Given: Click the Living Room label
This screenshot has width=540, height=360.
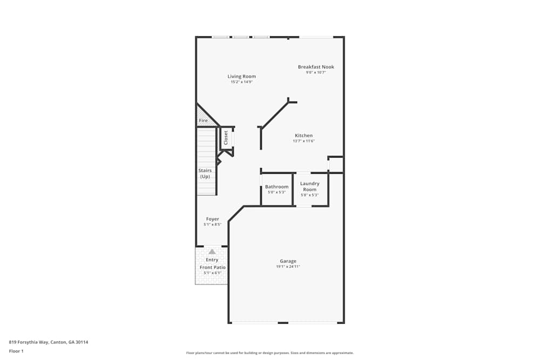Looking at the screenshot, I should click(x=241, y=77).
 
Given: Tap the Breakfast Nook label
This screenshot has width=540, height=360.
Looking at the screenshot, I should click(x=316, y=67).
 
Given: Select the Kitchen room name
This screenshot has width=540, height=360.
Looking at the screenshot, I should click(x=303, y=135).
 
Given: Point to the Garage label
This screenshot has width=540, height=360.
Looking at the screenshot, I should click(x=288, y=261).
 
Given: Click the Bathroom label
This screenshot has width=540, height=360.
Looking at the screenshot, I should click(x=276, y=187).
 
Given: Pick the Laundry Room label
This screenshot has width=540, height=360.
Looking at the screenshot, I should click(x=310, y=186).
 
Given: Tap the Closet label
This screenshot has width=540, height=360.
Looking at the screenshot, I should click(x=226, y=138).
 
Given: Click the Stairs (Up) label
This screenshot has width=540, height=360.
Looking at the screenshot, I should click(x=205, y=173).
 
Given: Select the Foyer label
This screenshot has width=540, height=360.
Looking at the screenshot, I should click(x=212, y=219).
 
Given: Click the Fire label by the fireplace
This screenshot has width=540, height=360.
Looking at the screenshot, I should click(x=203, y=121).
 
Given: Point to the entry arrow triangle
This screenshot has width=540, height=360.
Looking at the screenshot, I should click(x=212, y=252).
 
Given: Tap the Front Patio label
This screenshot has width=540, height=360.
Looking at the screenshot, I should click(x=213, y=267).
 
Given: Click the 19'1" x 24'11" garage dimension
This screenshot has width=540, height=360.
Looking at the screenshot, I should click(x=288, y=267).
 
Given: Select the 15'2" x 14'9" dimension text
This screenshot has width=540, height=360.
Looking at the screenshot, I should click(x=241, y=82).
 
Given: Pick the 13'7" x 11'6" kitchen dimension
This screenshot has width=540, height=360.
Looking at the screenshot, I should click(x=303, y=141).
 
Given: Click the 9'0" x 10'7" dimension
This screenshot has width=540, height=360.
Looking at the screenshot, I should click(x=316, y=72).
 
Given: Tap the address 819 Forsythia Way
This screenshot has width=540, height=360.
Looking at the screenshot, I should click(x=48, y=342).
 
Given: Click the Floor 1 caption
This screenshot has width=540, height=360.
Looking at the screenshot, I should click(x=16, y=351).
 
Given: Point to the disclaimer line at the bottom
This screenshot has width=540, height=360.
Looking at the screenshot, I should click(x=269, y=353).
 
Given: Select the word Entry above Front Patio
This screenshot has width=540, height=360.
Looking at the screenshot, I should click(x=212, y=260).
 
